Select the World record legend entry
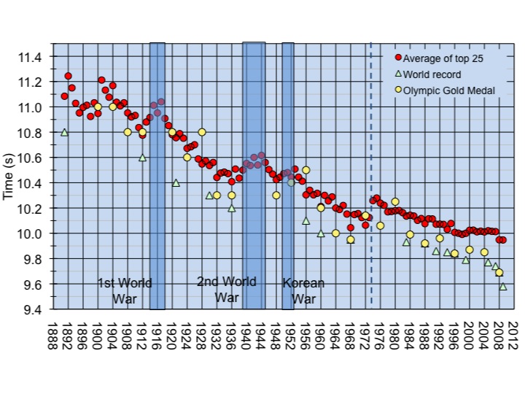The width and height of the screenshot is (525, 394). pyautogui.click(x=427, y=74)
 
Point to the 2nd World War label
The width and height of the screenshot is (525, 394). pyautogui.click(x=226, y=289)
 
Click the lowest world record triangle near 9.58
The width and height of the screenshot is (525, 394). pyautogui.click(x=503, y=287)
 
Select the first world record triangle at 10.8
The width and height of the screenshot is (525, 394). pyautogui.click(x=64, y=132)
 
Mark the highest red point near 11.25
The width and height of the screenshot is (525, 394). pyautogui.click(x=68, y=76)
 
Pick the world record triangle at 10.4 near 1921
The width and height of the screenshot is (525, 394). pyautogui.click(x=176, y=182)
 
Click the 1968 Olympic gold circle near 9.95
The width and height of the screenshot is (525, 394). pyautogui.click(x=351, y=239)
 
